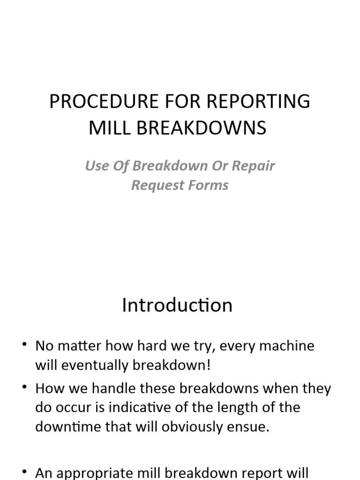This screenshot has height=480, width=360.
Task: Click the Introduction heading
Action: tap(177, 305)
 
